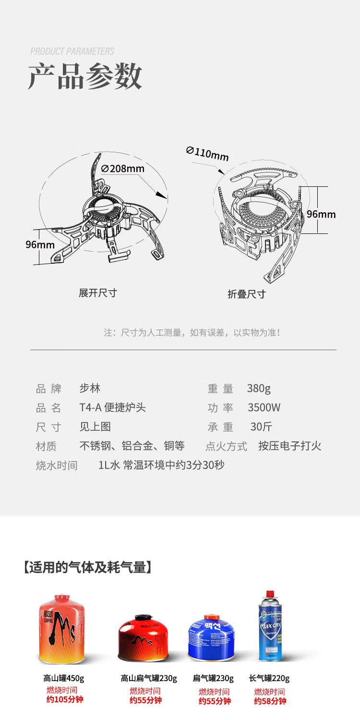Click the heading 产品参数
tap(85, 76)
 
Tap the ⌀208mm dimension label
tap(123, 169)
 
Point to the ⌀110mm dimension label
tap(207, 154)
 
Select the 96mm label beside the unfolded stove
tap(40, 244)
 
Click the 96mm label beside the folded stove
tap(321, 214)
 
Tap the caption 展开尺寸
tap(98, 293)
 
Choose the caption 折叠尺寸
tap(246, 294)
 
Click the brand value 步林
tap(90, 389)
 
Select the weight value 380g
tap(259, 389)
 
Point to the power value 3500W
tap(264, 408)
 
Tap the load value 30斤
tap(261, 427)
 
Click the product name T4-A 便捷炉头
tap(112, 408)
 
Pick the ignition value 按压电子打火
tap(289, 446)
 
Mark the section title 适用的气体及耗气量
tap(87, 567)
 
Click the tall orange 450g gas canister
tap(61, 629)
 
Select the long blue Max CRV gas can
tap(269, 626)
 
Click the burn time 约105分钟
tap(65, 699)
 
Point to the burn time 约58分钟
tap(270, 701)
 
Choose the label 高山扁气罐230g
tap(149, 678)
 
